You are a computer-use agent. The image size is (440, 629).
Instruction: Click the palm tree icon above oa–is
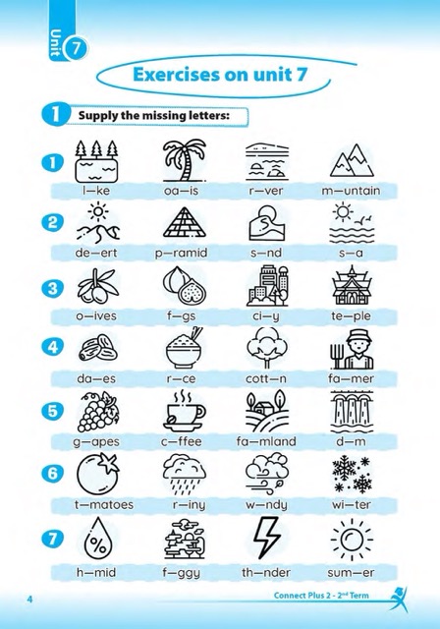point(185,160)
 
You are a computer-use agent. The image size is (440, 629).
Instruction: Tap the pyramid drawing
point(185,222)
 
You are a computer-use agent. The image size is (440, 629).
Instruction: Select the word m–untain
point(351,190)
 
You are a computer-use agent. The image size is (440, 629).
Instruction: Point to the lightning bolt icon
point(266,538)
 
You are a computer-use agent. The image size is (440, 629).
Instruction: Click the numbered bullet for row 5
point(52,411)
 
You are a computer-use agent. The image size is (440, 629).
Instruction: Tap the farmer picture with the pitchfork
point(352,349)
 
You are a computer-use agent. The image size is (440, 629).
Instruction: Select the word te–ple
point(351,316)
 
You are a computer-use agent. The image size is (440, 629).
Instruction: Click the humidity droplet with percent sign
point(98,538)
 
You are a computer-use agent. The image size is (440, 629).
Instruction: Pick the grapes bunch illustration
point(98,412)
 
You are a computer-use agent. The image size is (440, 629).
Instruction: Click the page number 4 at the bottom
point(29,600)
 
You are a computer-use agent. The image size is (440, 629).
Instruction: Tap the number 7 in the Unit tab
point(77,49)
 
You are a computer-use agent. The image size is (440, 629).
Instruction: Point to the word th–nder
point(266,572)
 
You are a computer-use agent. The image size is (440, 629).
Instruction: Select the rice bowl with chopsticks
point(185,348)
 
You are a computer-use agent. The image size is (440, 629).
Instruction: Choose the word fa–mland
point(266,441)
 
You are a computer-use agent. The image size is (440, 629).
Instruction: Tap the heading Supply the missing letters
point(154,116)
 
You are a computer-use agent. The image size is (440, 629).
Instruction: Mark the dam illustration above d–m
point(352,411)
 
